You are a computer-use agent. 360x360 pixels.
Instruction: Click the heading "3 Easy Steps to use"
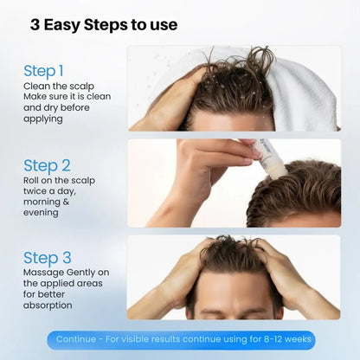[x=104, y=25]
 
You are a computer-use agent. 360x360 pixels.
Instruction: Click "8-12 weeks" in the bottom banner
[x=285, y=339]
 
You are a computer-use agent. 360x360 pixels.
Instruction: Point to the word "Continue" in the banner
[x=75, y=339]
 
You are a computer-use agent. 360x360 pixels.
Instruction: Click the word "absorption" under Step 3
[x=48, y=305]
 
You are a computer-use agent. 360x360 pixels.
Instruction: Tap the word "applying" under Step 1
[x=43, y=119]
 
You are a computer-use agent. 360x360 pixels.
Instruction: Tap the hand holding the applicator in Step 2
[x=208, y=160]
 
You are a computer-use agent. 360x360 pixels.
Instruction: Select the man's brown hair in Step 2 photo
[x=299, y=186]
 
